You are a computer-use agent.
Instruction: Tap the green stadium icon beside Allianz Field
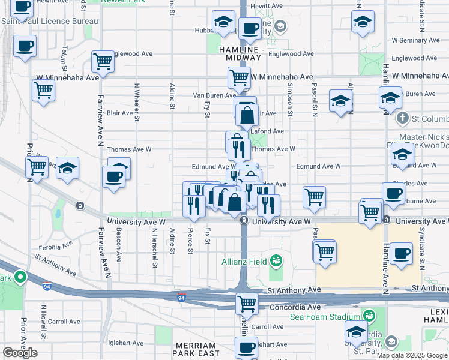(x=276, y=260)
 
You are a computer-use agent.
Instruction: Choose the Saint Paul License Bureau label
(x=49, y=22)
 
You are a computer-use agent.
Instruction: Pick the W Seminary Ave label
(x=422, y=40)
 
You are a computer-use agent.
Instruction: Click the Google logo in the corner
(x=20, y=353)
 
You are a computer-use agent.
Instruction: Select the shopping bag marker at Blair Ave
(x=246, y=115)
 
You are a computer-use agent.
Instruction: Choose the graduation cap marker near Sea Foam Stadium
(x=356, y=332)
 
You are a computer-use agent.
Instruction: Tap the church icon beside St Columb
(x=402, y=119)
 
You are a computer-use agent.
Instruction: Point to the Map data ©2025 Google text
(x=412, y=355)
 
